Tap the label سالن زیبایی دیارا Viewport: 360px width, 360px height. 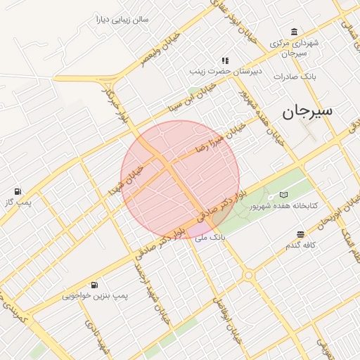[122, 19]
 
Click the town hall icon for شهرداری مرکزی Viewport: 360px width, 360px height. [294, 32]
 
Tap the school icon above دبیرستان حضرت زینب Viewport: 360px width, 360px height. [225, 60]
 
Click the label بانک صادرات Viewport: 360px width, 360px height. [295, 75]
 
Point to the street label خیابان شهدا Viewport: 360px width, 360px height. [126, 180]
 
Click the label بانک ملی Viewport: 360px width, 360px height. [210, 238]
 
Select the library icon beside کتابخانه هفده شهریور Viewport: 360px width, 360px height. [283, 194]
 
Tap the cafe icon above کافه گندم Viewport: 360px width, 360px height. [301, 234]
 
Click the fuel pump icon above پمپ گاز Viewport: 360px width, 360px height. [18, 191]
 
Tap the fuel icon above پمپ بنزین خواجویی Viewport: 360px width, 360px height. [94, 285]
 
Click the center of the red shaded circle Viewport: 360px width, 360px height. [180, 180]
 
